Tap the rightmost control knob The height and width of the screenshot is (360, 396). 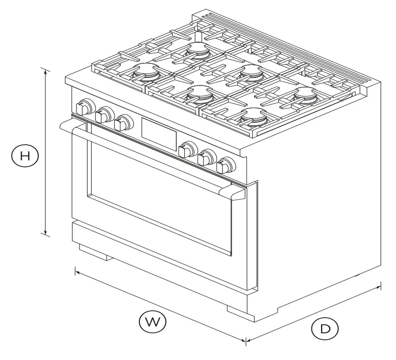pyautogui.click(x=226, y=164)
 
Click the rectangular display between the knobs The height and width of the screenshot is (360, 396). pyautogui.click(x=159, y=130)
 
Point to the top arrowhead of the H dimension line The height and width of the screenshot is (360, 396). pyautogui.click(x=46, y=71)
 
